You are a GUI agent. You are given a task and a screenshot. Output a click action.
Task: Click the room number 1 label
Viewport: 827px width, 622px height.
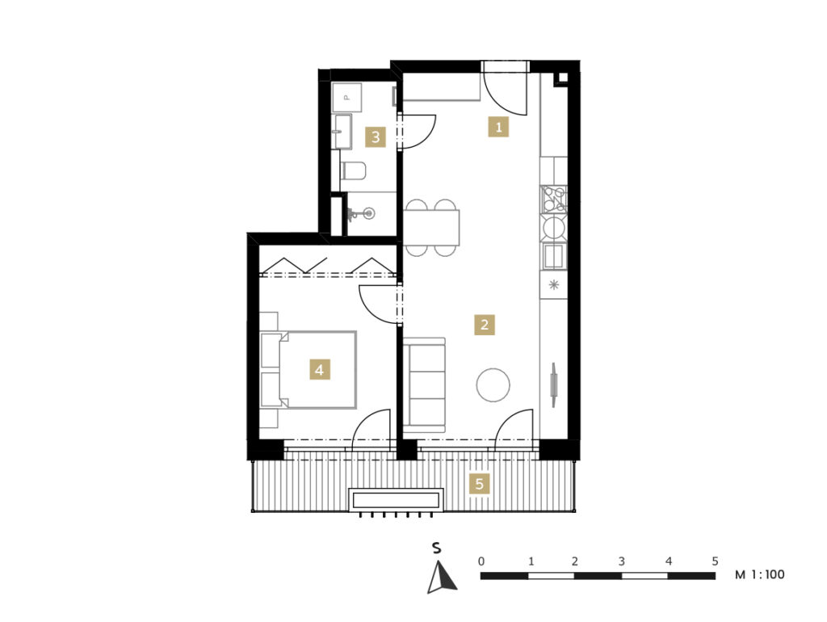pos(498,127)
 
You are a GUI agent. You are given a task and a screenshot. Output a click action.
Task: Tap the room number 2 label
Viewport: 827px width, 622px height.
pos(485,325)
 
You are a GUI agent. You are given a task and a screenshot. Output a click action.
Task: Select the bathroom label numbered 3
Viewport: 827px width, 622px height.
pos(375,137)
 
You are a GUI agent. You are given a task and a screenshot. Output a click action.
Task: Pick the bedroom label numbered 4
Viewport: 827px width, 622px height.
pos(319,370)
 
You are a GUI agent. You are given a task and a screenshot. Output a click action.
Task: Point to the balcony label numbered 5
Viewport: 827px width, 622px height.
pos(479,484)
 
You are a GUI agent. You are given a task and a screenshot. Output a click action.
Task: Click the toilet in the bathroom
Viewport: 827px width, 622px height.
pos(353,170)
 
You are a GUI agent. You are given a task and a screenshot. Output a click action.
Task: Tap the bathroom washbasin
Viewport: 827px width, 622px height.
pos(342,132)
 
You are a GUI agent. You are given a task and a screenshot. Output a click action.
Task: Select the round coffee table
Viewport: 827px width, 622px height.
pos(493,385)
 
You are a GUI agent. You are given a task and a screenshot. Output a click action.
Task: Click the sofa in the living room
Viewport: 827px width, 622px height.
pos(424,385)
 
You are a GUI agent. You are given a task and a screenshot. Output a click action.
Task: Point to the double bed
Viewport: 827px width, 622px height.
pos(309,369)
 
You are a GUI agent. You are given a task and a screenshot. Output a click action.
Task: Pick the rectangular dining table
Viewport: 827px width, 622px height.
pos(431,228)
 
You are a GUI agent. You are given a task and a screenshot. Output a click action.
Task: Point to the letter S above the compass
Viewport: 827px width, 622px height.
pos(436,548)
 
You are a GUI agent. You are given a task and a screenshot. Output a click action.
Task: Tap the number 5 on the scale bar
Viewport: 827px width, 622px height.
pos(715,561)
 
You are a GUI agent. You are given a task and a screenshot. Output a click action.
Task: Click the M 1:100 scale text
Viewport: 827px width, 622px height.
pos(759,574)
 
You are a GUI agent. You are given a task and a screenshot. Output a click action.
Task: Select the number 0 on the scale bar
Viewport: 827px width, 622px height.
pos(481,561)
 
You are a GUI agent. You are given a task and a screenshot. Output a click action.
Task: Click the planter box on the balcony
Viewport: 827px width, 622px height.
pos(396,499)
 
